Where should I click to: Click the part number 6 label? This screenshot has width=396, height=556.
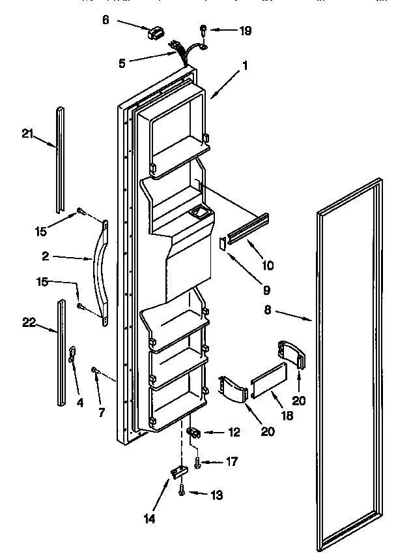106,20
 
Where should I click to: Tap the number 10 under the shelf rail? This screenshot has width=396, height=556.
268,265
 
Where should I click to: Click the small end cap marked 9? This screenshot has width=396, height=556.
222,243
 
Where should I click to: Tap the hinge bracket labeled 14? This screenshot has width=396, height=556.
178,471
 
